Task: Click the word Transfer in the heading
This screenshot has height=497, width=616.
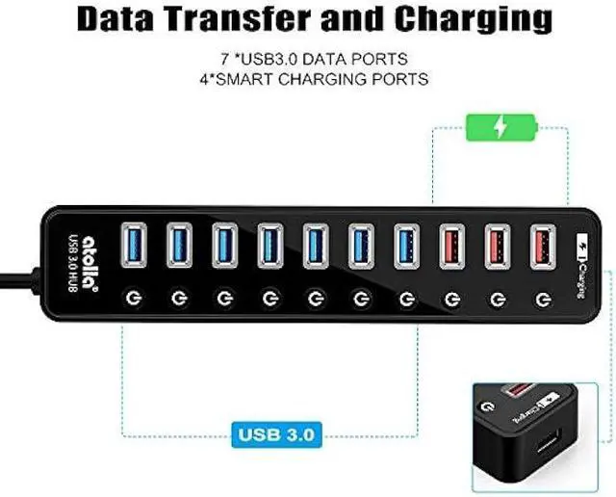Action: click(x=247, y=18)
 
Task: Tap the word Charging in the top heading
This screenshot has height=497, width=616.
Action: click(x=477, y=18)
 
